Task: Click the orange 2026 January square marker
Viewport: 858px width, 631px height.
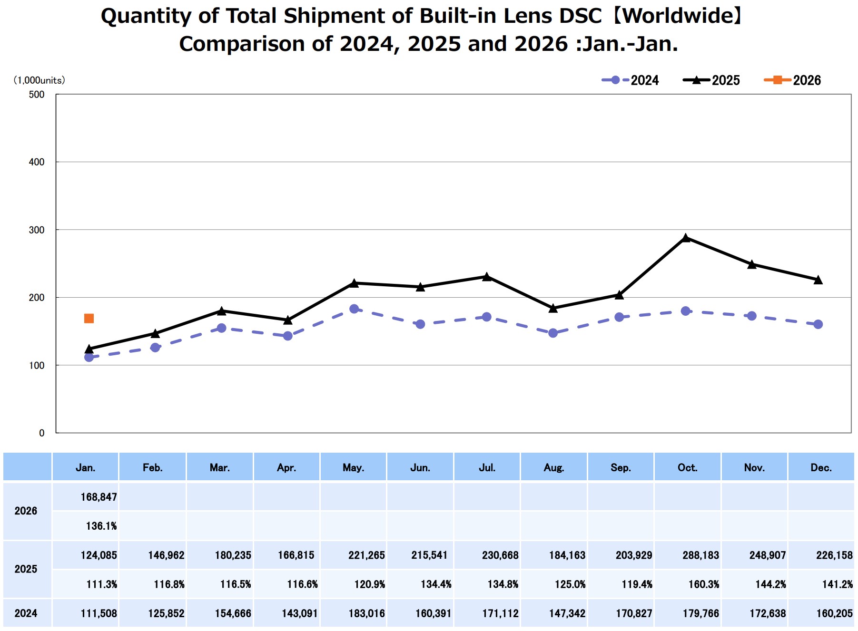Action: coord(89,319)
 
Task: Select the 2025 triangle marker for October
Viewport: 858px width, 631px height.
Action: coord(685,238)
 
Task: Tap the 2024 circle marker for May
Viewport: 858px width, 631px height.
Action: coord(354,309)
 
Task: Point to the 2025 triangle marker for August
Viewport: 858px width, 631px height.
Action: coord(553,309)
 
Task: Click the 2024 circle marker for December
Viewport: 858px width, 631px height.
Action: coord(818,324)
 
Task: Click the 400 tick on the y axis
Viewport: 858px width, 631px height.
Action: coord(37,162)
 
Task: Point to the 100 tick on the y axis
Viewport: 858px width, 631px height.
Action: coord(37,365)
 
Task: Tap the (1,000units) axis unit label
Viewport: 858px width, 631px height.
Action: coord(39,80)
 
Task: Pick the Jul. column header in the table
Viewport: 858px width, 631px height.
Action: coord(487,467)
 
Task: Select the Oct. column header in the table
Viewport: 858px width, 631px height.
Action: coord(687,467)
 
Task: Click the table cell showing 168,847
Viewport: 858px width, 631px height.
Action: coord(99,497)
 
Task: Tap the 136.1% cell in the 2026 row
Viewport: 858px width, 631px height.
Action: coord(101,526)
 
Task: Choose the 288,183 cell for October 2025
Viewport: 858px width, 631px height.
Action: coord(700,555)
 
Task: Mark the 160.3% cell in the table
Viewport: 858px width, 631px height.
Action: coord(704,584)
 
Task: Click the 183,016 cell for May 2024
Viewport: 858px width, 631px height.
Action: coord(366,613)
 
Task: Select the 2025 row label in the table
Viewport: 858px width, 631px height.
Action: coord(26,569)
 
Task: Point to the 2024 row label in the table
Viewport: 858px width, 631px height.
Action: coord(26,613)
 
